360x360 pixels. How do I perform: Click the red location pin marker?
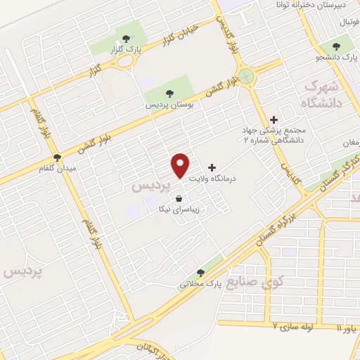click(181, 165)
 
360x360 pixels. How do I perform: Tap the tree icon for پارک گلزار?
click(127, 39)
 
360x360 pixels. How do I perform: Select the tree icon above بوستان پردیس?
click(169, 92)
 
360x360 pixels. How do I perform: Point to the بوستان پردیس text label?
click(169, 103)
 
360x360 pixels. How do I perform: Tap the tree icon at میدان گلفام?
click(57, 157)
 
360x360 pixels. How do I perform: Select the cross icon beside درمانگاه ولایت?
click(212, 167)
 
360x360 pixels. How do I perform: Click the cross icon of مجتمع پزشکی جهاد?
click(274, 120)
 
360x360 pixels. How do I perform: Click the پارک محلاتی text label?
click(200, 284)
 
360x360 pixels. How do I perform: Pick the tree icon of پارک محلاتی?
click(201, 273)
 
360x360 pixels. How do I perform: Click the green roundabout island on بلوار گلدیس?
click(245, 75)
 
